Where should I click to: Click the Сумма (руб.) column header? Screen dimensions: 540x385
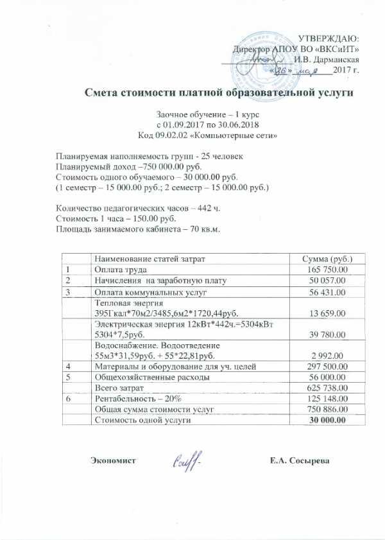pos(328,258)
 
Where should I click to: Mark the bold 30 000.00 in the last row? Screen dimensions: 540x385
pos(328,420)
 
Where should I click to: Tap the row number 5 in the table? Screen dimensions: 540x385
pos(67,377)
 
